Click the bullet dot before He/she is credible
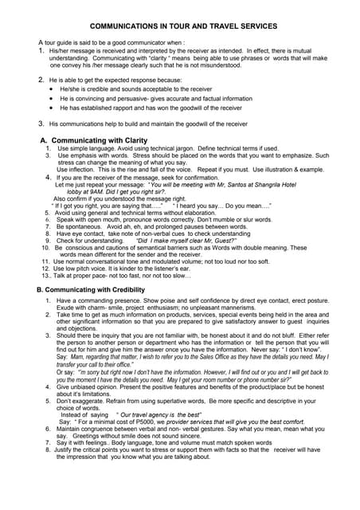point(52,90)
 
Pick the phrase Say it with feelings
point(88,442)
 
